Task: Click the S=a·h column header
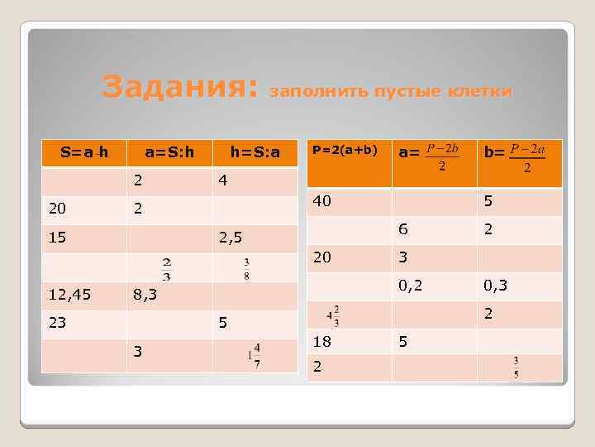(x=84, y=152)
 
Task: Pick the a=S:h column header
(x=169, y=152)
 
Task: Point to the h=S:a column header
(x=255, y=152)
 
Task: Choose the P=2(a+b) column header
(x=344, y=150)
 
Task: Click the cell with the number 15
(x=57, y=238)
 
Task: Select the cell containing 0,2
(x=410, y=286)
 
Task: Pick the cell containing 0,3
(x=496, y=286)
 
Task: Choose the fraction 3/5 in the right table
(x=515, y=367)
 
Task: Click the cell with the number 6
(x=403, y=229)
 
